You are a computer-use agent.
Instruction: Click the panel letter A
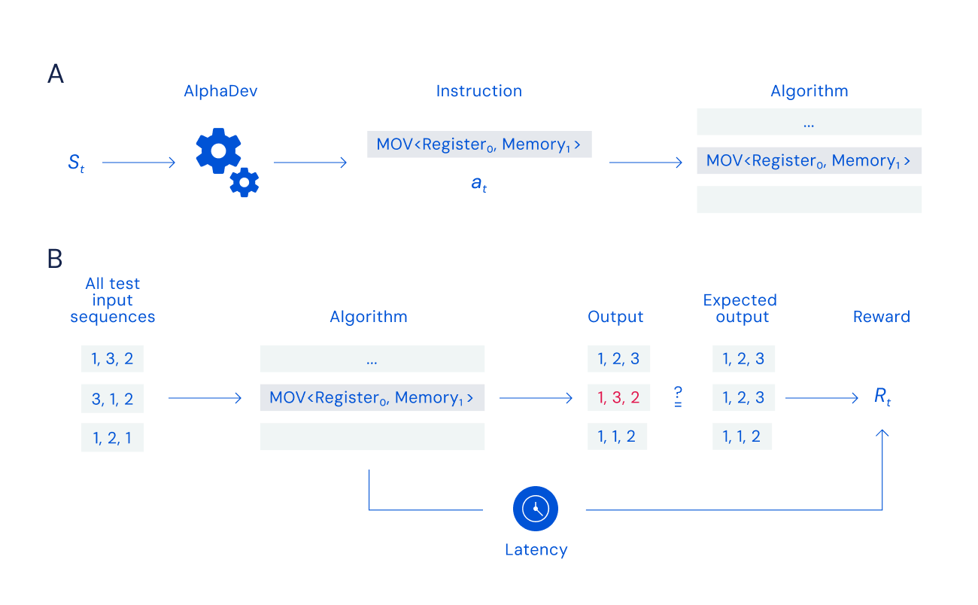pos(55,74)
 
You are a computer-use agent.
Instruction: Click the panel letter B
pos(55,259)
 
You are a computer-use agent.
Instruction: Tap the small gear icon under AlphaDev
pos(244,182)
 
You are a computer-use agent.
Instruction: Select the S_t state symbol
pos(76,162)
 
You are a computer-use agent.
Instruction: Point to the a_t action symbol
pos(479,184)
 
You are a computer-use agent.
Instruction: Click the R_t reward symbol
pos(882,397)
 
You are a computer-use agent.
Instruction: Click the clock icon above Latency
pos(535,509)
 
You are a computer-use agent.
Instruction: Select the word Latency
pos(536,549)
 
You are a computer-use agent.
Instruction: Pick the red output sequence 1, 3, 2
pos(618,398)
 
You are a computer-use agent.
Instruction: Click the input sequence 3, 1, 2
pos(112,399)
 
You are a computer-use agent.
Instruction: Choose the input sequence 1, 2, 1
pos(112,437)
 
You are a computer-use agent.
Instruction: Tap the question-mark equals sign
pos(678,397)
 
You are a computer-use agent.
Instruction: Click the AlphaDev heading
pos(216,91)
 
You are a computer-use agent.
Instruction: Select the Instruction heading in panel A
pos(479,91)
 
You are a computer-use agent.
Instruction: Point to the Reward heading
pos(882,317)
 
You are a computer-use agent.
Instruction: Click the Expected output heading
pos(742,309)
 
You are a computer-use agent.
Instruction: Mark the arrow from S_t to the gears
pos(139,162)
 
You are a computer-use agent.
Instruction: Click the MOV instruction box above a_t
pos(479,144)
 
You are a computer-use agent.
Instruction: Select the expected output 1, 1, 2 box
pos(742,436)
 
